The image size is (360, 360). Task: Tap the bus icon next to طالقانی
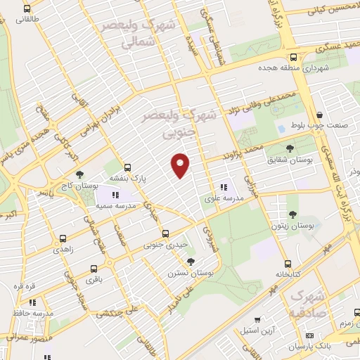tap(27, 10)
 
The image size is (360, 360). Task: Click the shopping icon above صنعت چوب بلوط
tap(319, 115)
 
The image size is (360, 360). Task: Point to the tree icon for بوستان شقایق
tap(290, 148)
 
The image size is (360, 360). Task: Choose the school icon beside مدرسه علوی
tap(223, 188)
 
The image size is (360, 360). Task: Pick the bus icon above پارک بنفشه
tap(127, 167)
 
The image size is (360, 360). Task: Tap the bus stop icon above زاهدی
tap(63, 238)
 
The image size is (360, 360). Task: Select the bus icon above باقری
tap(94, 268)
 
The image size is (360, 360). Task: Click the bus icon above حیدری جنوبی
tap(165, 233)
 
